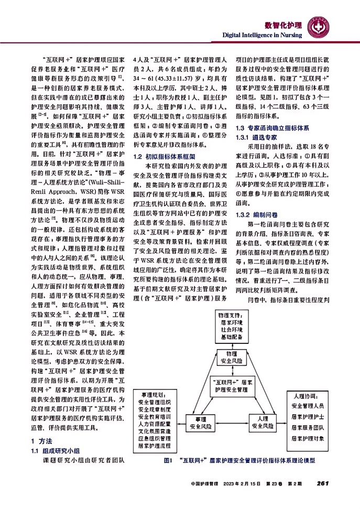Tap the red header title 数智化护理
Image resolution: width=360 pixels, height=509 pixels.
click(x=283, y=25)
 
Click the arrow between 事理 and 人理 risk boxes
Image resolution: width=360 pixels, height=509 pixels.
click(x=232, y=424)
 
